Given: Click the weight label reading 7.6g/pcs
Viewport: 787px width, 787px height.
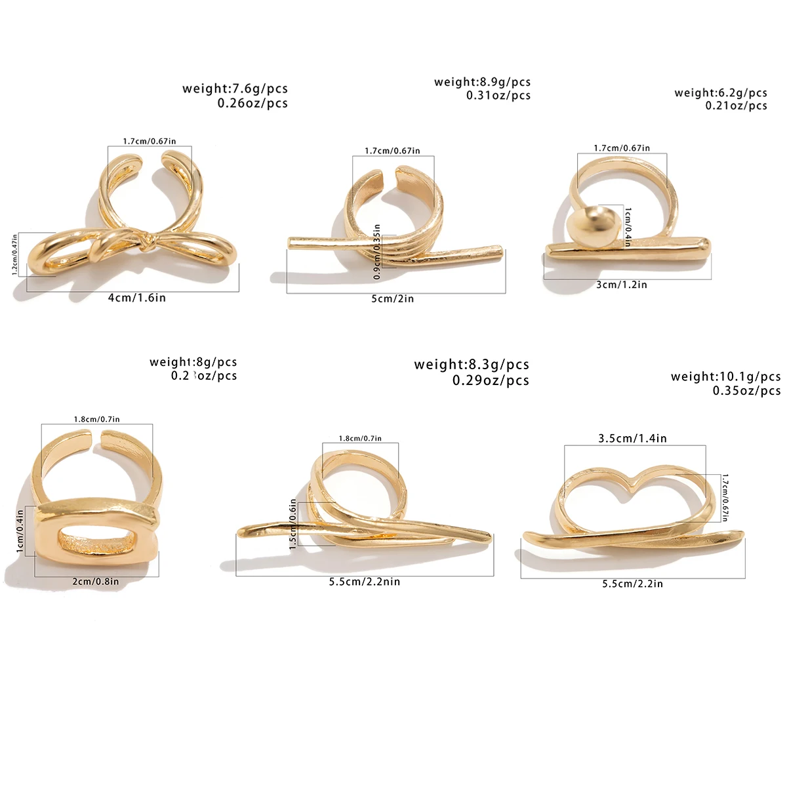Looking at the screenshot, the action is point(235,89).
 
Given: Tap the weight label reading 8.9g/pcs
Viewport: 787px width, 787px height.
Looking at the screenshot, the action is point(482,82).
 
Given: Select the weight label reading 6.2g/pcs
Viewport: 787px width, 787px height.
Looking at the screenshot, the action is point(720,93).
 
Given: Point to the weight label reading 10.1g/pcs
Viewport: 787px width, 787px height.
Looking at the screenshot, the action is point(725,376).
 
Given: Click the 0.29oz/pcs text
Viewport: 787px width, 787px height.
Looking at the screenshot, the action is point(491,380).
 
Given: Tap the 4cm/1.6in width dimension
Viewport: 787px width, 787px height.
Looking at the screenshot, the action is point(137,298).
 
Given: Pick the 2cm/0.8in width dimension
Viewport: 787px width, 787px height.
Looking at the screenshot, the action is point(96,581).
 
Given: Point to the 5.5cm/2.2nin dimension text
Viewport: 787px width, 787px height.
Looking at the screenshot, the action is point(365,582).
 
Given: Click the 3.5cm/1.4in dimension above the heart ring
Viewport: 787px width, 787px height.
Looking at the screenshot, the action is point(632,438).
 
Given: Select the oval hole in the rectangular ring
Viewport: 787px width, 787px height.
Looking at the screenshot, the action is point(98,541).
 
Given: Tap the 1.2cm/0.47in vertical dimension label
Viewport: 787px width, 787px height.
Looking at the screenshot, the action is point(15,254).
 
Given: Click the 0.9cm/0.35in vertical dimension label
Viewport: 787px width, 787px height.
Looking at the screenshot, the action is point(377,252).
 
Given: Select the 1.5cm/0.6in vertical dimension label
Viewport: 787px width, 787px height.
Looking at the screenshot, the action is point(293,525).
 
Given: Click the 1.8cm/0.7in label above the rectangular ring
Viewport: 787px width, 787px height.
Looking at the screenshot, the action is point(96,419).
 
